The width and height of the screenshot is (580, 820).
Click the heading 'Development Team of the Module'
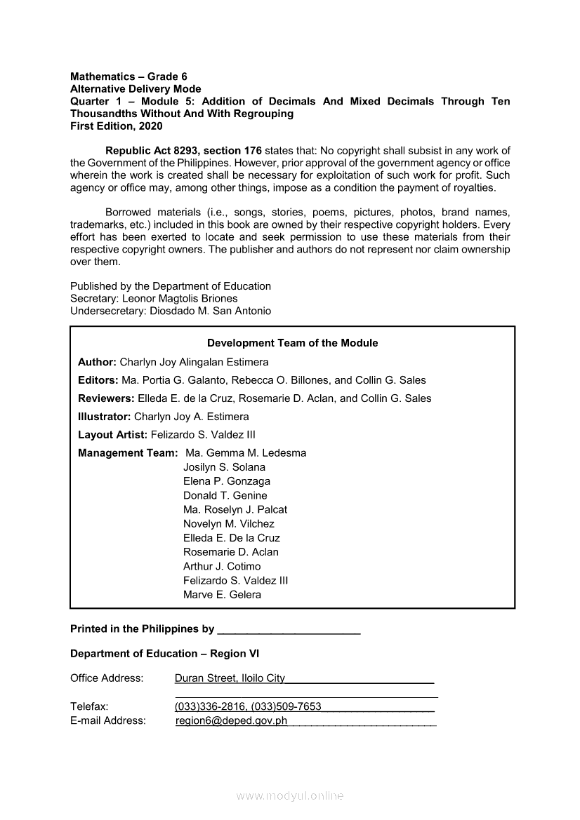pyautogui.click(x=292, y=343)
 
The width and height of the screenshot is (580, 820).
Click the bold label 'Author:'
pyautogui.click(x=97, y=362)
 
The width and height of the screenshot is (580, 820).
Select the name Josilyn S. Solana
pyautogui.click(x=224, y=467)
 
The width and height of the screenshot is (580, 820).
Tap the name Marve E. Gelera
pyautogui.click(x=222, y=595)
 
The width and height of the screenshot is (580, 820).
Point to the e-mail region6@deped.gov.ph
pyautogui.click(x=231, y=720)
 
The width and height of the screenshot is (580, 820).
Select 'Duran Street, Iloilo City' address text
pyautogui.click(x=230, y=678)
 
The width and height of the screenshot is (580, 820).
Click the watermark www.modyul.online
pyautogui.click(x=290, y=796)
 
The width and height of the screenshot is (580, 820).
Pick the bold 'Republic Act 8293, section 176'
pyautogui.click(x=183, y=150)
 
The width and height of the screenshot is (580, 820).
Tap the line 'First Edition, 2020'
pyautogui.click(x=116, y=126)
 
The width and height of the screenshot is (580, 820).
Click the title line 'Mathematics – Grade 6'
pyautogui.click(x=128, y=76)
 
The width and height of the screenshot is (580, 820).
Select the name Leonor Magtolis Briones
pyautogui.click(x=190, y=298)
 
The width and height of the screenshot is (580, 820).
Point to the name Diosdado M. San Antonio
pyautogui.click(x=210, y=311)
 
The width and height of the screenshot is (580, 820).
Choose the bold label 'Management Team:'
pyautogui.click(x=128, y=453)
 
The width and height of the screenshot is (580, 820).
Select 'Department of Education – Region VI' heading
pyautogui.click(x=164, y=654)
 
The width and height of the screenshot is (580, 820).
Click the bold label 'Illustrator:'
pyautogui.click(x=105, y=417)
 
